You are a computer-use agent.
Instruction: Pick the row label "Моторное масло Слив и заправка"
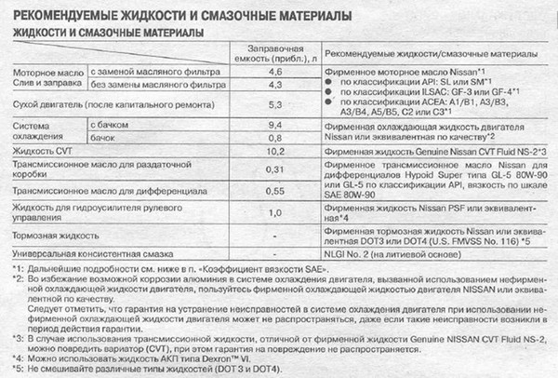point(43,77)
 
